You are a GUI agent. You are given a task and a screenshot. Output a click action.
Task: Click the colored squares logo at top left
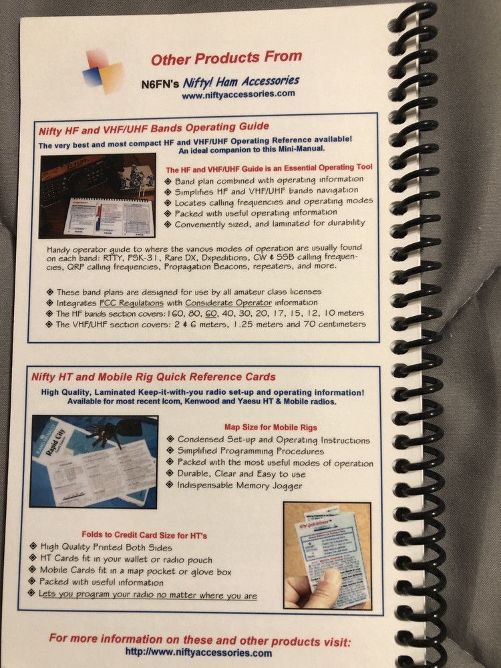103,70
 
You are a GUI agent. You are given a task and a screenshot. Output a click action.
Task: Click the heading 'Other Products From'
226,59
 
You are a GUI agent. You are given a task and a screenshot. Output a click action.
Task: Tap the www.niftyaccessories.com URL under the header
238,95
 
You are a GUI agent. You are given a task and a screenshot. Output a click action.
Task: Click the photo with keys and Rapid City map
94,460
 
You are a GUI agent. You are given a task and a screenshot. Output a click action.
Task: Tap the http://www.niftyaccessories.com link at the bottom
198,653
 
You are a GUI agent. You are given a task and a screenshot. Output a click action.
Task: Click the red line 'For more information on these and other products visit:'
199,639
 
